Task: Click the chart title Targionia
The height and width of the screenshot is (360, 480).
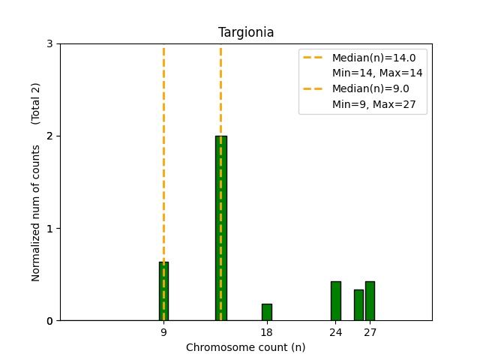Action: point(246,32)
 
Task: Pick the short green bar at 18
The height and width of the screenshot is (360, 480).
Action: point(266,312)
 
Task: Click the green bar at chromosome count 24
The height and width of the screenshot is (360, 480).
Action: point(335,301)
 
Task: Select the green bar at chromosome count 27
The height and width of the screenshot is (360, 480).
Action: point(370,301)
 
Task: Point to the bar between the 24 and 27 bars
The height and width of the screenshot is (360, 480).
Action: point(358,304)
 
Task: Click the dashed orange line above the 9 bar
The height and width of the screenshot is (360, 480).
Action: point(163,150)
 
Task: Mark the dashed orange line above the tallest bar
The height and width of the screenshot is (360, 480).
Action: point(220,90)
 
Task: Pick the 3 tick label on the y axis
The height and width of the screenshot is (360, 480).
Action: point(49,43)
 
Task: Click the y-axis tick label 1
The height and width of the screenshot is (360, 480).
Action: point(49,228)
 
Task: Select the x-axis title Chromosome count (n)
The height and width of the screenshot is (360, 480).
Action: point(245,347)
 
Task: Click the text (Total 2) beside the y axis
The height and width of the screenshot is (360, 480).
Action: point(35,103)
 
